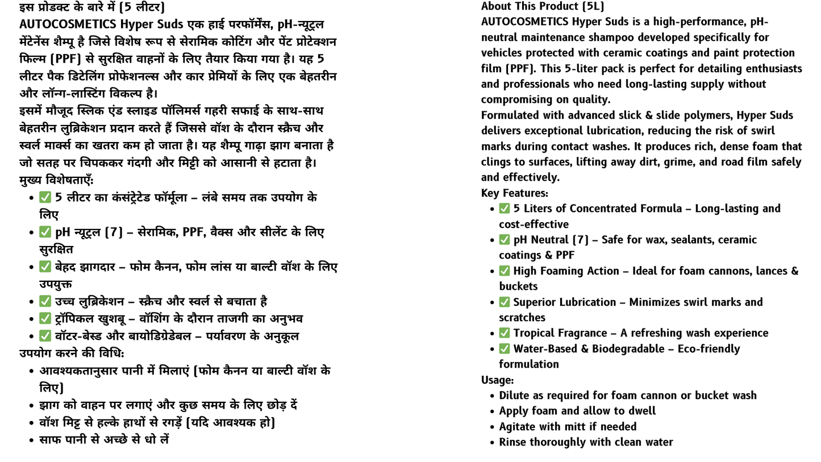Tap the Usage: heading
(497, 380)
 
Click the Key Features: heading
(514, 193)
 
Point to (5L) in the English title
(593, 6)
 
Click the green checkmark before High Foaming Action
(505, 270)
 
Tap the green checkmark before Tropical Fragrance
(505, 333)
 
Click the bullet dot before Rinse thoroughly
(491, 443)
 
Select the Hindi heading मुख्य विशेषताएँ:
(56, 180)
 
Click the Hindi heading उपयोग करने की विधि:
(71, 353)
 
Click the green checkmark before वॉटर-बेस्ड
(45, 336)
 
